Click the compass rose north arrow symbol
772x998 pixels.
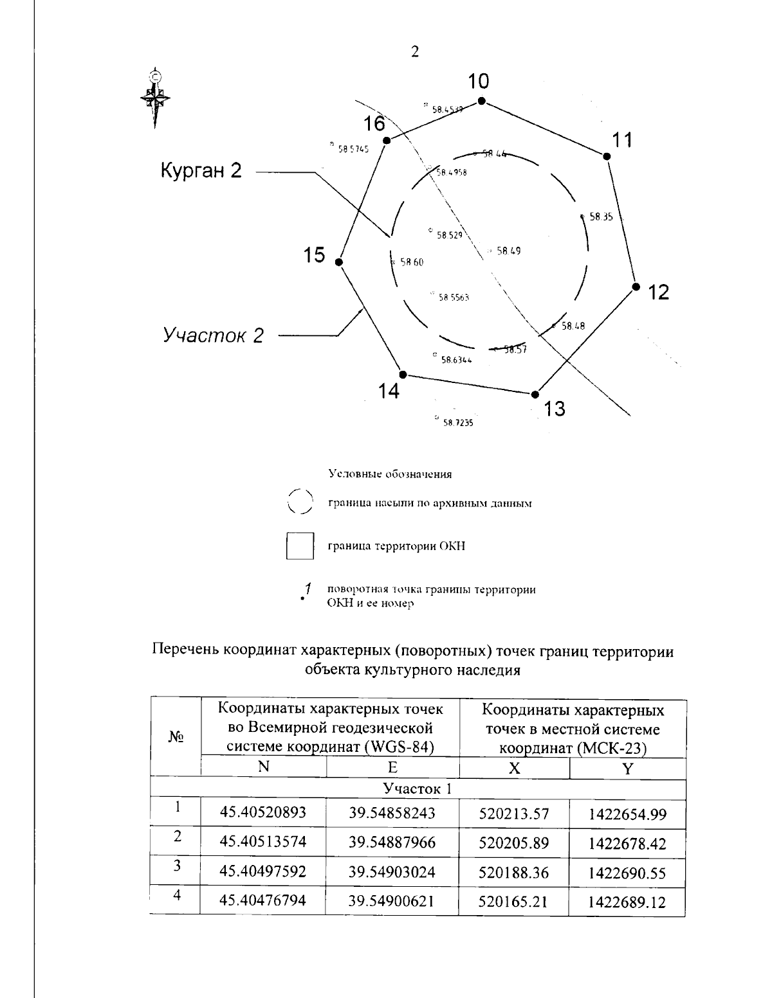(155, 96)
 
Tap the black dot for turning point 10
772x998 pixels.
(481, 101)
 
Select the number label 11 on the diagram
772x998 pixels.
(622, 140)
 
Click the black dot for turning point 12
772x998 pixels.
(636, 287)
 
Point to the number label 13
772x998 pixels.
(554, 408)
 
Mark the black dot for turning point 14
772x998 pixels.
(403, 374)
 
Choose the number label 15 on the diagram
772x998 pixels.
(315, 255)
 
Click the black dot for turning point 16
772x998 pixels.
(386, 141)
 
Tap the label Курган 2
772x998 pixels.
(201, 170)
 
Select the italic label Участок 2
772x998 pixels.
(213, 335)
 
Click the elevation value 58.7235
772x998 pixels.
(457, 423)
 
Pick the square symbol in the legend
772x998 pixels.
(300, 546)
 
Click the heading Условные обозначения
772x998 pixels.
(390, 475)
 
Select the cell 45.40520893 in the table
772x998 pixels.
(263, 813)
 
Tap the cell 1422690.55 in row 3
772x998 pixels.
(627, 873)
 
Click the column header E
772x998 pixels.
(392, 768)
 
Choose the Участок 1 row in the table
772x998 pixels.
(418, 789)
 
